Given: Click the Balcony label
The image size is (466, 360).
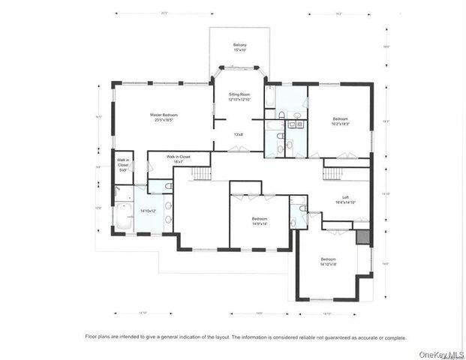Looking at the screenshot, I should pos(239,48).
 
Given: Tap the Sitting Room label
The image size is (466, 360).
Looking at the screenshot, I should pos(239,97).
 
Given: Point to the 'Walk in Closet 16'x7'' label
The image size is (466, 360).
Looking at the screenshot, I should pos(179,159).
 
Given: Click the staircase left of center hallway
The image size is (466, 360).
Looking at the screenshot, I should pos(202,174).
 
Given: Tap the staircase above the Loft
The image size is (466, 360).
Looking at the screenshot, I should pos(333,174).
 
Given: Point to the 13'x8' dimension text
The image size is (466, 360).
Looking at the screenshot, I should pos(239,135).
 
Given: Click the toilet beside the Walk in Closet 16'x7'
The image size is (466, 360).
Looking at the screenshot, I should pos(168,184).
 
